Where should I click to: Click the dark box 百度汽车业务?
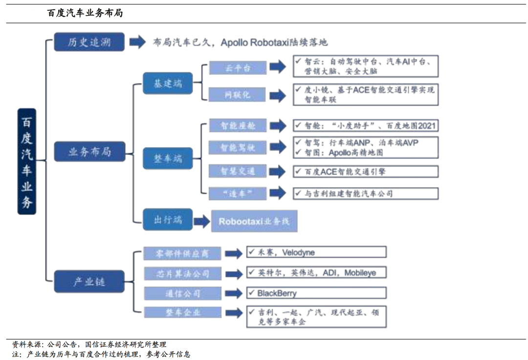pyautogui.click(x=26, y=161)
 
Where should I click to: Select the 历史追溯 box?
pyautogui.click(x=89, y=42)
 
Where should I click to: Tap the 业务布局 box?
pyautogui.click(x=89, y=152)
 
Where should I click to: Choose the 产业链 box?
pyautogui.click(x=89, y=281)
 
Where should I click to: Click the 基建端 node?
pyautogui.click(x=168, y=84)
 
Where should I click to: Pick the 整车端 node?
pyautogui.click(x=168, y=158)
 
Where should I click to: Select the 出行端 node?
pyautogui.click(x=168, y=219)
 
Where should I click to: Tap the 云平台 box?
pyautogui.click(x=238, y=68)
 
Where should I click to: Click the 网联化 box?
pyautogui.click(x=238, y=95)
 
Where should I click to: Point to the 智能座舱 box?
pyautogui.click(x=238, y=126)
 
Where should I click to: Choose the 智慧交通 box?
pyautogui.click(x=238, y=171)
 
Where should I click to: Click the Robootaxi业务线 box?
pyautogui.click(x=254, y=222)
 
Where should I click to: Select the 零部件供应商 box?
pyautogui.click(x=182, y=254)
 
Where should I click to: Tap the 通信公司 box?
pyautogui.click(x=182, y=294)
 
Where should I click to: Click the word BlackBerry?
pyautogui.click(x=277, y=294)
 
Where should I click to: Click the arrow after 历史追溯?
pyautogui.click(x=137, y=42)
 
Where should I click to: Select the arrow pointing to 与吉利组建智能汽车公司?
pyautogui.click(x=277, y=193)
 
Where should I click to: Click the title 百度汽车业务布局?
pyautogui.click(x=85, y=13)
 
